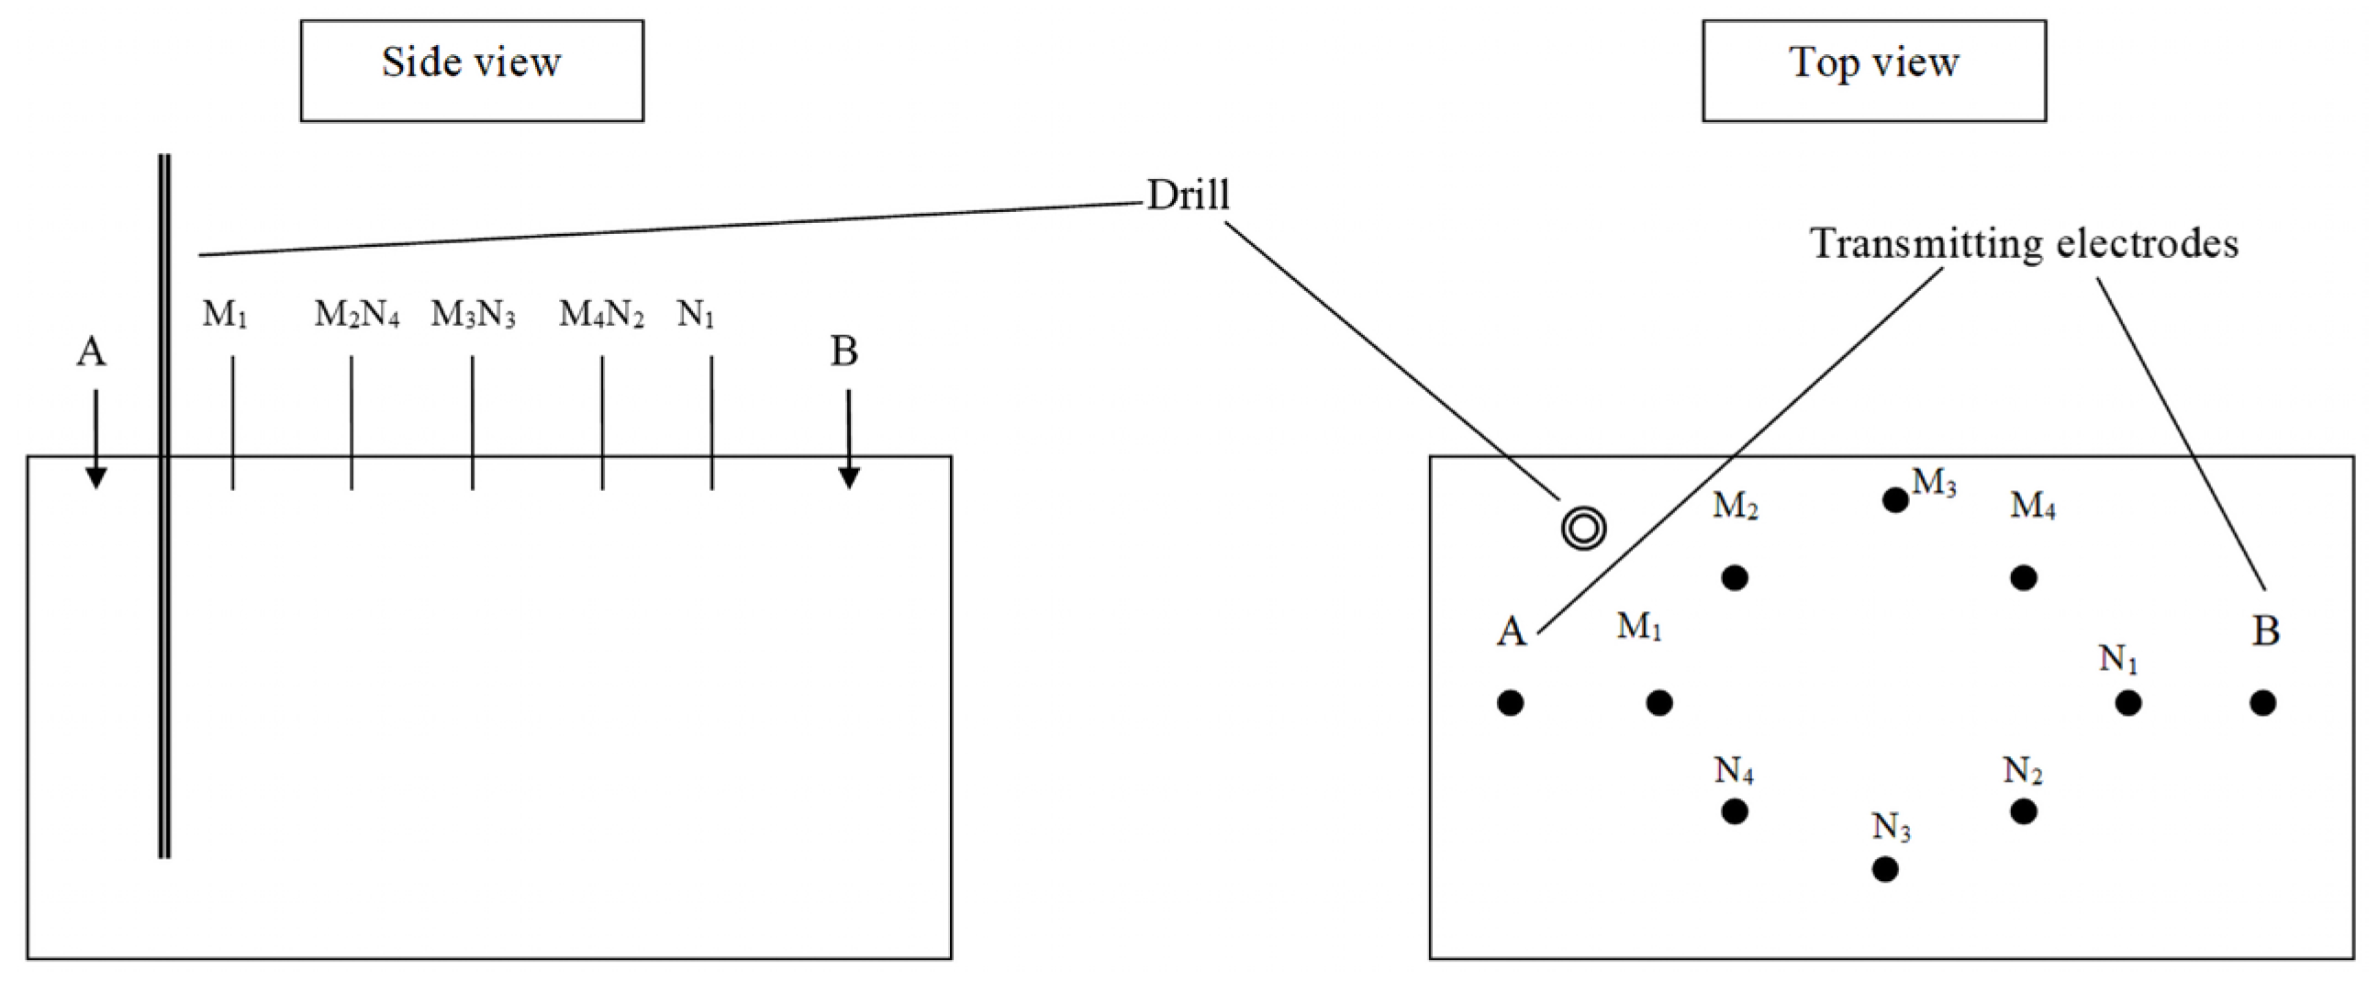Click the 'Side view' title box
tap(471, 72)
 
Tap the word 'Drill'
tap(1188, 195)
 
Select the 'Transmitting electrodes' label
tap(2025, 244)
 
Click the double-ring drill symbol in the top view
tap(1583, 529)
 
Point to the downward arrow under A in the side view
tap(95, 439)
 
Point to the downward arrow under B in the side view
tap(849, 439)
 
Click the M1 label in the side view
tap(225, 316)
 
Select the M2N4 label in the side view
tap(356, 316)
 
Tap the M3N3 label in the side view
tap(473, 316)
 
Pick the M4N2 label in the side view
tap(601, 316)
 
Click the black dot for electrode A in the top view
tap(1510, 703)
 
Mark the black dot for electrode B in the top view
tap(2262, 703)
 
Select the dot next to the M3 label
tap(1895, 501)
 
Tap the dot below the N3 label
tap(1885, 869)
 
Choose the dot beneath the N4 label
tap(1735, 812)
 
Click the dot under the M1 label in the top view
tap(1659, 703)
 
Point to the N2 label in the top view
tap(2023, 770)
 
